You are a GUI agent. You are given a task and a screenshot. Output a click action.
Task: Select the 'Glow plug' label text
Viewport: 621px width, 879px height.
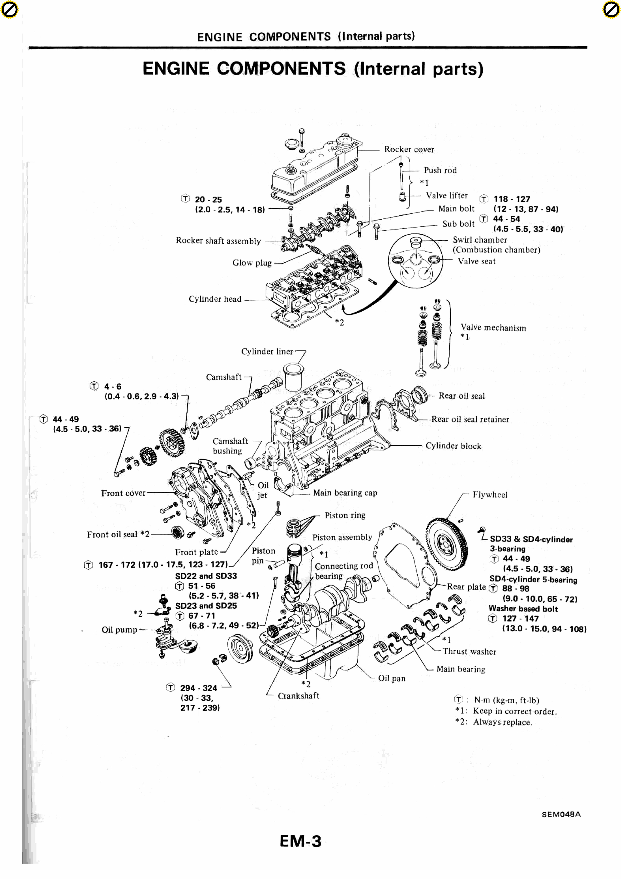click(x=252, y=263)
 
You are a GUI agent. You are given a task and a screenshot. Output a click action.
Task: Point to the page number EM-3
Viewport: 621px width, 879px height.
click(x=301, y=841)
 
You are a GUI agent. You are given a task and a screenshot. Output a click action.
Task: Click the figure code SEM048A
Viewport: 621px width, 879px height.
click(x=561, y=814)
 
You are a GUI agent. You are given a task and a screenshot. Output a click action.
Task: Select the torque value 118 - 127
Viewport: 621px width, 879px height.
click(x=512, y=199)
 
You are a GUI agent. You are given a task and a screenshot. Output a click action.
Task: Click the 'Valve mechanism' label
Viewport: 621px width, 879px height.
click(x=493, y=328)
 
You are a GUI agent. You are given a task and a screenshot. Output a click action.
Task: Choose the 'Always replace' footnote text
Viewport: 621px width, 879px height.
click(x=502, y=722)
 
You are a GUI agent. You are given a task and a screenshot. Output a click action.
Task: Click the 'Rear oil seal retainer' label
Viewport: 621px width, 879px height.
click(x=470, y=419)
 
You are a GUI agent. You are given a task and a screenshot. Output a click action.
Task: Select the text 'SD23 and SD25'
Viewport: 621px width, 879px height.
click(x=206, y=606)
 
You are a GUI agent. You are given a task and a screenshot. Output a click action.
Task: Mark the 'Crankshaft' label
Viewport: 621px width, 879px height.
click(x=298, y=696)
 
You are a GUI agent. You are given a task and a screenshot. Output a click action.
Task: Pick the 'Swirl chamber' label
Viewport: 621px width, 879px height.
click(x=479, y=240)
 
